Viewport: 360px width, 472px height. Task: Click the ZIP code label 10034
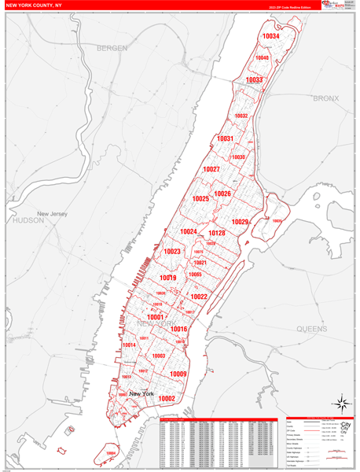(270, 36)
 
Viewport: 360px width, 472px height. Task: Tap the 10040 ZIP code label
(262, 57)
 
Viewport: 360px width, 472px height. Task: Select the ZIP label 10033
(254, 79)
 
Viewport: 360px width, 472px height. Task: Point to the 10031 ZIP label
(226, 138)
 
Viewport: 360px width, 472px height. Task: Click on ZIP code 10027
(211, 169)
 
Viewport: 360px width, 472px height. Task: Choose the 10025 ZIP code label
(200, 199)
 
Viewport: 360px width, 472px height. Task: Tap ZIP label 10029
(240, 222)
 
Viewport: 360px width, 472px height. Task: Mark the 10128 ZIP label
(216, 233)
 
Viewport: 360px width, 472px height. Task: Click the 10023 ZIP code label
(172, 252)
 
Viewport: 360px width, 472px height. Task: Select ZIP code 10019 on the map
(167, 278)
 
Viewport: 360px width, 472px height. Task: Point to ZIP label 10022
(199, 297)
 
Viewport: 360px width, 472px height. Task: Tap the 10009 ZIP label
(178, 374)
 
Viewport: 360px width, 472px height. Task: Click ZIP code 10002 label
(167, 399)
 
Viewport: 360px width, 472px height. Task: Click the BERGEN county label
(112, 49)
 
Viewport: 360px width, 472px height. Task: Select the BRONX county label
(325, 98)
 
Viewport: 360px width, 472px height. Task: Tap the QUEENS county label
(312, 328)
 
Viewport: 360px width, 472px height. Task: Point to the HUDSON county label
(29, 221)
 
